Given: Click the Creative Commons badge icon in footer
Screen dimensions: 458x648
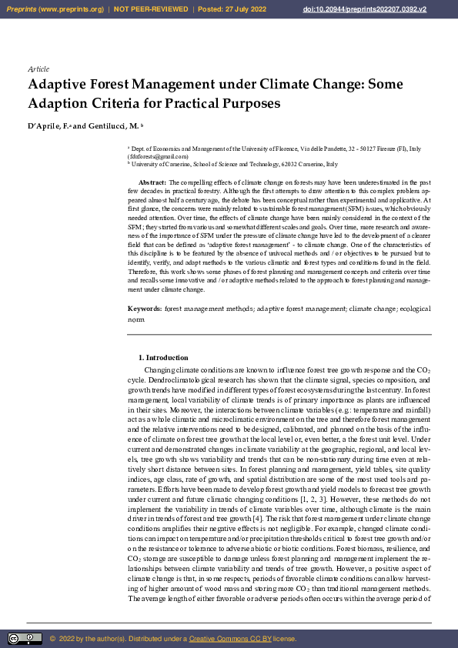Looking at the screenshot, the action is coord(25,639).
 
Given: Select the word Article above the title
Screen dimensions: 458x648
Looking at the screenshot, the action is coord(38,68).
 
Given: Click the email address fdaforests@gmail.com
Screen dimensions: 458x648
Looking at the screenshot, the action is coord(159,156).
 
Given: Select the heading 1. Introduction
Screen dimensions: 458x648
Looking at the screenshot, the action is coord(162,358).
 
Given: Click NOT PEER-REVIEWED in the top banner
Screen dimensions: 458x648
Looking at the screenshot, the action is coord(151,9).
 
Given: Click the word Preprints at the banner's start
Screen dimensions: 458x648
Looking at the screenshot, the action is coord(22,9).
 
